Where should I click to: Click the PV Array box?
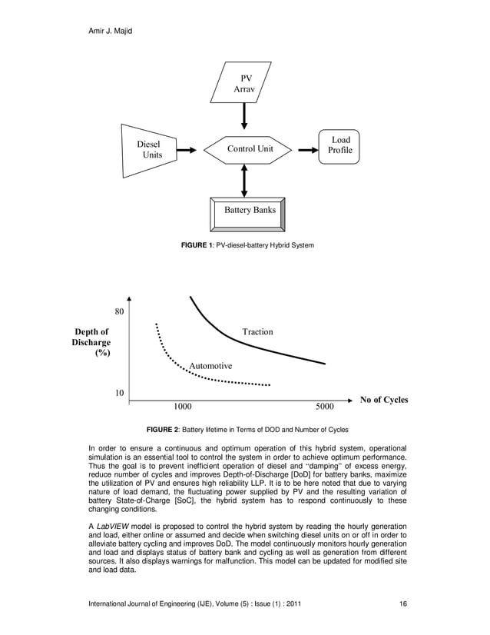coord(243,84)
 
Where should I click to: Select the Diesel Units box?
coord(149,149)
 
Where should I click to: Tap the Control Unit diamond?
coord(250,148)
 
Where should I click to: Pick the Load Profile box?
coord(340,145)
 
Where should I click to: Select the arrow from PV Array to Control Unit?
coord(244,115)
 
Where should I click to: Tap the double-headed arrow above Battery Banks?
coord(244,180)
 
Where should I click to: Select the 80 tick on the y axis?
coord(120,312)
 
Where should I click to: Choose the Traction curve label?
coord(257,332)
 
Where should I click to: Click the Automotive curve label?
coord(210,366)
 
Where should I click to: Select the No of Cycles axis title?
coord(379,400)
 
